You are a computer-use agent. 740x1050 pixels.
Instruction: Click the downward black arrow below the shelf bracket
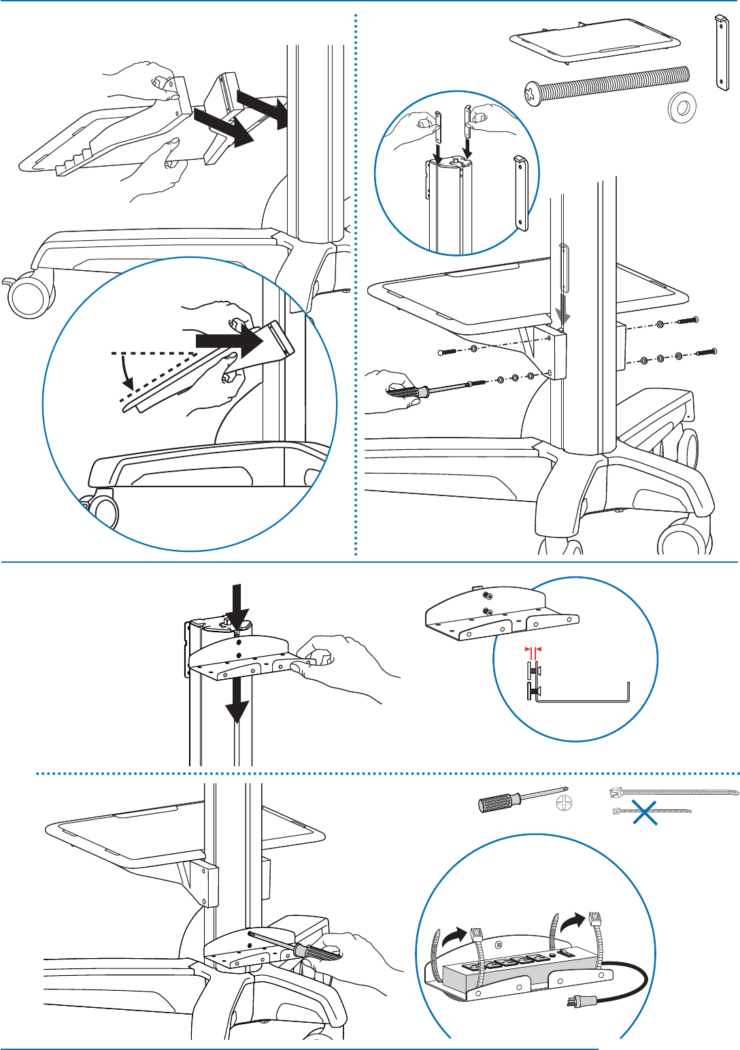point(237,701)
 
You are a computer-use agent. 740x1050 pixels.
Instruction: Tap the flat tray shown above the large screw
point(596,42)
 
